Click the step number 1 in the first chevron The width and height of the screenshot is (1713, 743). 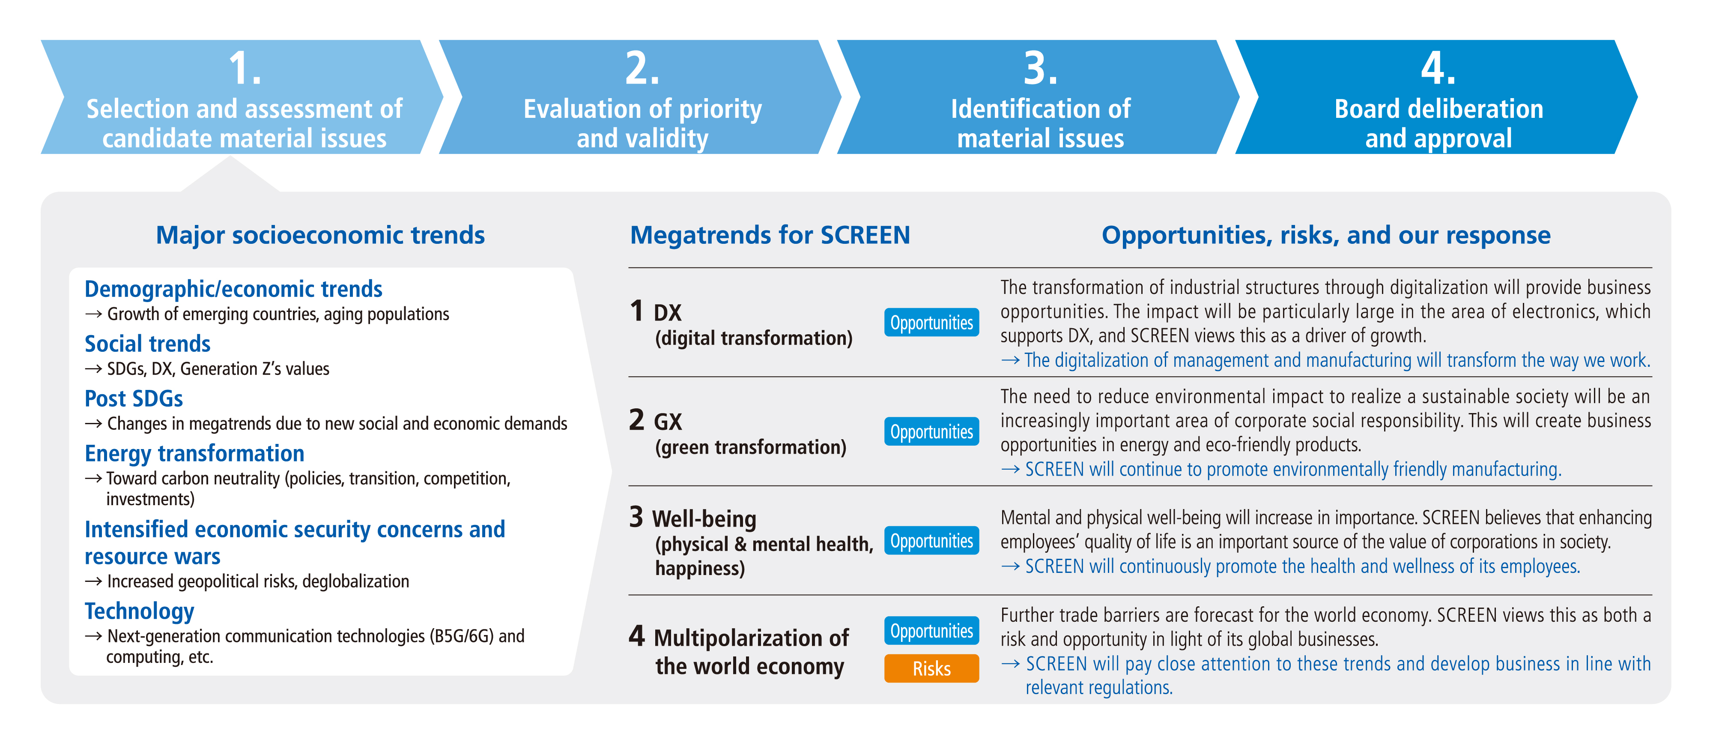[x=244, y=69]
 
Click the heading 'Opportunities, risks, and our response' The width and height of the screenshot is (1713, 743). [x=1326, y=236]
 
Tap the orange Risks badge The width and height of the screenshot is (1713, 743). [x=931, y=668]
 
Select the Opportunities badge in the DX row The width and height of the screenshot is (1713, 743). [x=931, y=323]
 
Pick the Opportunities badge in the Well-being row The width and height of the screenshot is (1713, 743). [x=931, y=541]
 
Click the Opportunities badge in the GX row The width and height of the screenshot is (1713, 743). [x=931, y=431]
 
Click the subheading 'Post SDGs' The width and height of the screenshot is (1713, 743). [x=134, y=398]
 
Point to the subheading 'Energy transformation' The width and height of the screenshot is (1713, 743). [x=194, y=454]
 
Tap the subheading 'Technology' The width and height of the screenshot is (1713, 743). [x=140, y=611]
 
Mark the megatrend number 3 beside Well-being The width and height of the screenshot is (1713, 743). [x=636, y=517]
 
